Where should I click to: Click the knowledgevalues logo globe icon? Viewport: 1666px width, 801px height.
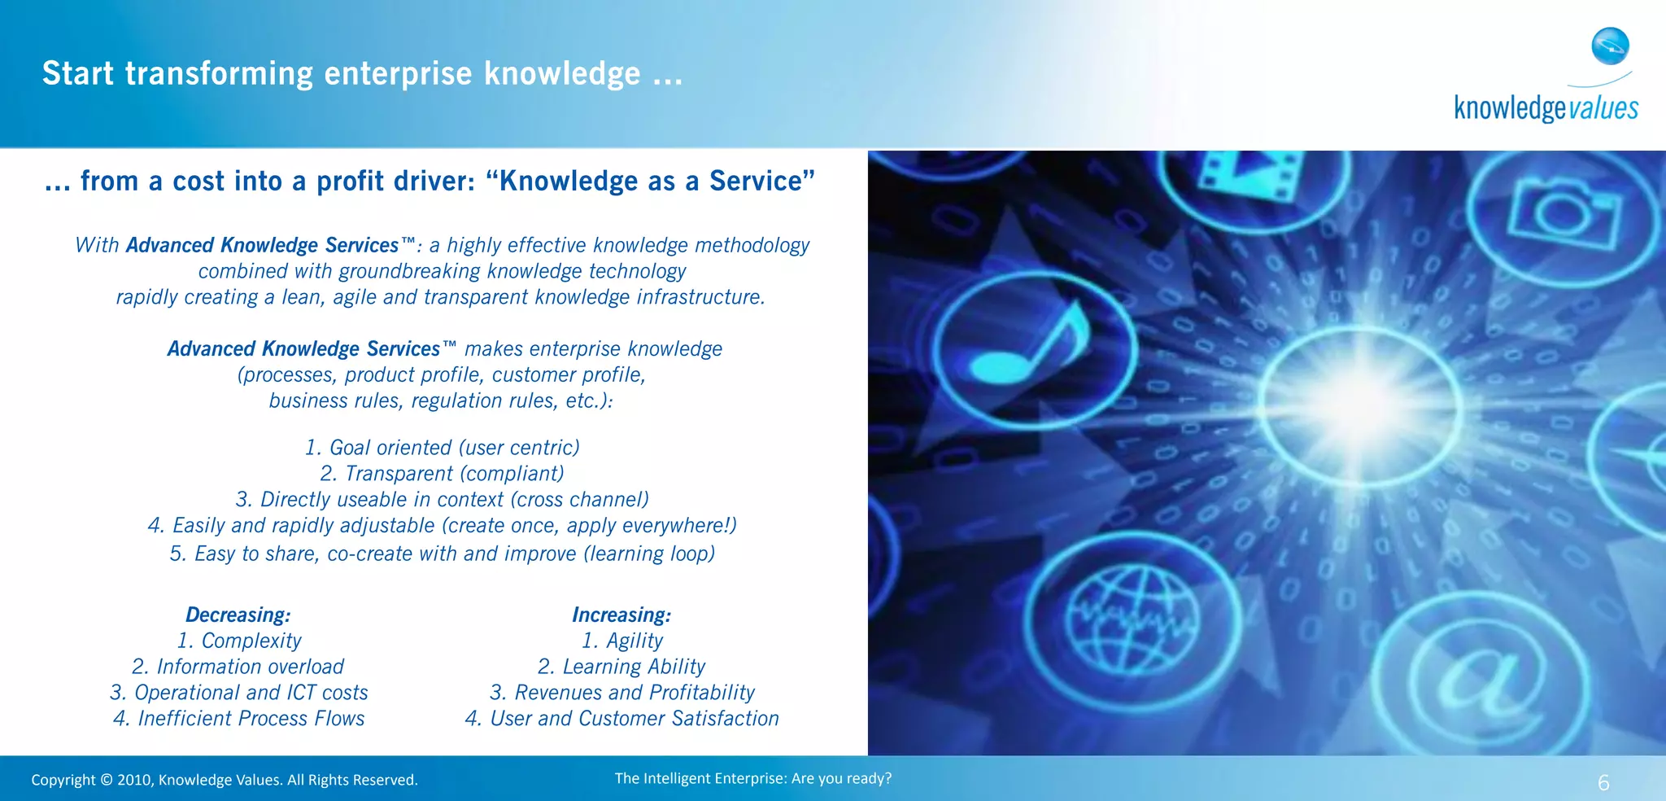tap(1610, 46)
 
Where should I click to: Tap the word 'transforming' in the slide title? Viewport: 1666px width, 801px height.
tap(219, 73)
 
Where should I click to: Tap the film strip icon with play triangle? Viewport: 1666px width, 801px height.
tap(1254, 174)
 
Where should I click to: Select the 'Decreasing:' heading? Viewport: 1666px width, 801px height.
tap(238, 615)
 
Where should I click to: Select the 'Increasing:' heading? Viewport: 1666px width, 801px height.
tap(621, 615)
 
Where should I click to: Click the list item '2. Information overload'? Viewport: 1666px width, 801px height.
tap(238, 667)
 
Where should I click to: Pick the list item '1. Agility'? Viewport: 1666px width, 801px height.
tap(622, 641)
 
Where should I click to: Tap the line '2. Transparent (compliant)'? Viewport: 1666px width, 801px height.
tap(442, 474)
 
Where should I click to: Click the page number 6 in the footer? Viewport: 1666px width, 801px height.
tap(1603, 783)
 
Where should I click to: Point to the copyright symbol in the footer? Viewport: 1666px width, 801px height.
tap(107, 780)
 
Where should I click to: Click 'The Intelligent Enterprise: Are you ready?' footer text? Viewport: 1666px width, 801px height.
tap(753, 778)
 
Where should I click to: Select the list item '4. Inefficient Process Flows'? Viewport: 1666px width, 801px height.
tap(238, 719)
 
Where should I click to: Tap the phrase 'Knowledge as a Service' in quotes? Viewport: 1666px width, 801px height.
tap(650, 181)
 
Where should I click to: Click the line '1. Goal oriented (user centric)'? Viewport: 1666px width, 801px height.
tap(443, 448)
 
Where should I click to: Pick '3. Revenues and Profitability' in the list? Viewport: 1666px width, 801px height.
tap(622, 693)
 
